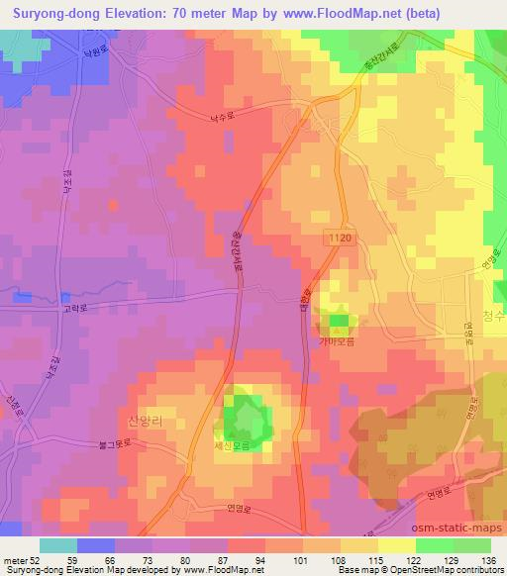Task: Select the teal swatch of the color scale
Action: (58, 545)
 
